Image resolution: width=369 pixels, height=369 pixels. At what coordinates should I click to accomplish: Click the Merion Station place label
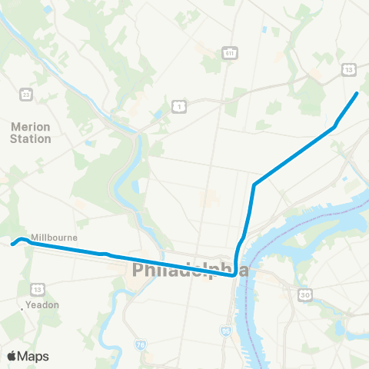coord(32,132)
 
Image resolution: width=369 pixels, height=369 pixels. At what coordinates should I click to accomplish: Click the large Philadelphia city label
coord(191,270)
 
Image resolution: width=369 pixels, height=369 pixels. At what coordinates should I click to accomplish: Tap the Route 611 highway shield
coord(230,52)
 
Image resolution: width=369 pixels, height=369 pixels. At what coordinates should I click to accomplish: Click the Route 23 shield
coord(27,94)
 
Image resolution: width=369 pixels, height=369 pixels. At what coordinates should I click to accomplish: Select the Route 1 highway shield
coord(178,103)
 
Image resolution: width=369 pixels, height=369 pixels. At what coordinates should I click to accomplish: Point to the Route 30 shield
coord(304,294)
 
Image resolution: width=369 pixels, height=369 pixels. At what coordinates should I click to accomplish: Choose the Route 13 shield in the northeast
coord(348,70)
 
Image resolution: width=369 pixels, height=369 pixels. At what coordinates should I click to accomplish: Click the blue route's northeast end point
coord(357,94)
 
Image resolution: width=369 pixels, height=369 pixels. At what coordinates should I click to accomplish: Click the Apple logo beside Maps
coord(12,356)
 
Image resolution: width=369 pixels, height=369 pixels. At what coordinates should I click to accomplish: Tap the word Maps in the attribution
coord(34,356)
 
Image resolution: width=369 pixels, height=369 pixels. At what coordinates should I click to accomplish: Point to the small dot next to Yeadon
coord(22,311)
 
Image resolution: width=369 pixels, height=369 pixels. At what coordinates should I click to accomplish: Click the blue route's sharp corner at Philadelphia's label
coord(234,275)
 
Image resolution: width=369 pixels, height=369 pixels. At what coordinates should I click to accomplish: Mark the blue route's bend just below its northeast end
coord(335,125)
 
